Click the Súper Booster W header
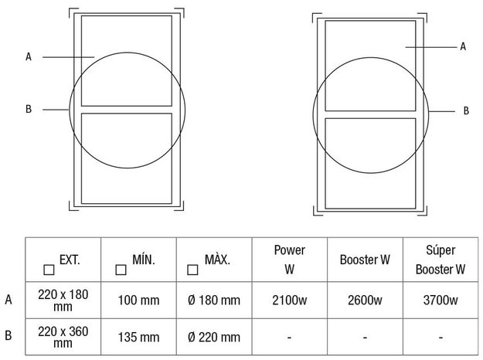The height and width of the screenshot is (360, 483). (x=440, y=260)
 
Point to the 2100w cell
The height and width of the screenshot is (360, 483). (x=290, y=300)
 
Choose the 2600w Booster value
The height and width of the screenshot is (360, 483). (x=365, y=300)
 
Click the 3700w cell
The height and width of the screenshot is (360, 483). (x=440, y=300)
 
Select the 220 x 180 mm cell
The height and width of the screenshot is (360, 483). (x=63, y=301)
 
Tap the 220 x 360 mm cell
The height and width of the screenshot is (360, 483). (x=63, y=337)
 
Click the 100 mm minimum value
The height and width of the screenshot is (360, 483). (x=138, y=301)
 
